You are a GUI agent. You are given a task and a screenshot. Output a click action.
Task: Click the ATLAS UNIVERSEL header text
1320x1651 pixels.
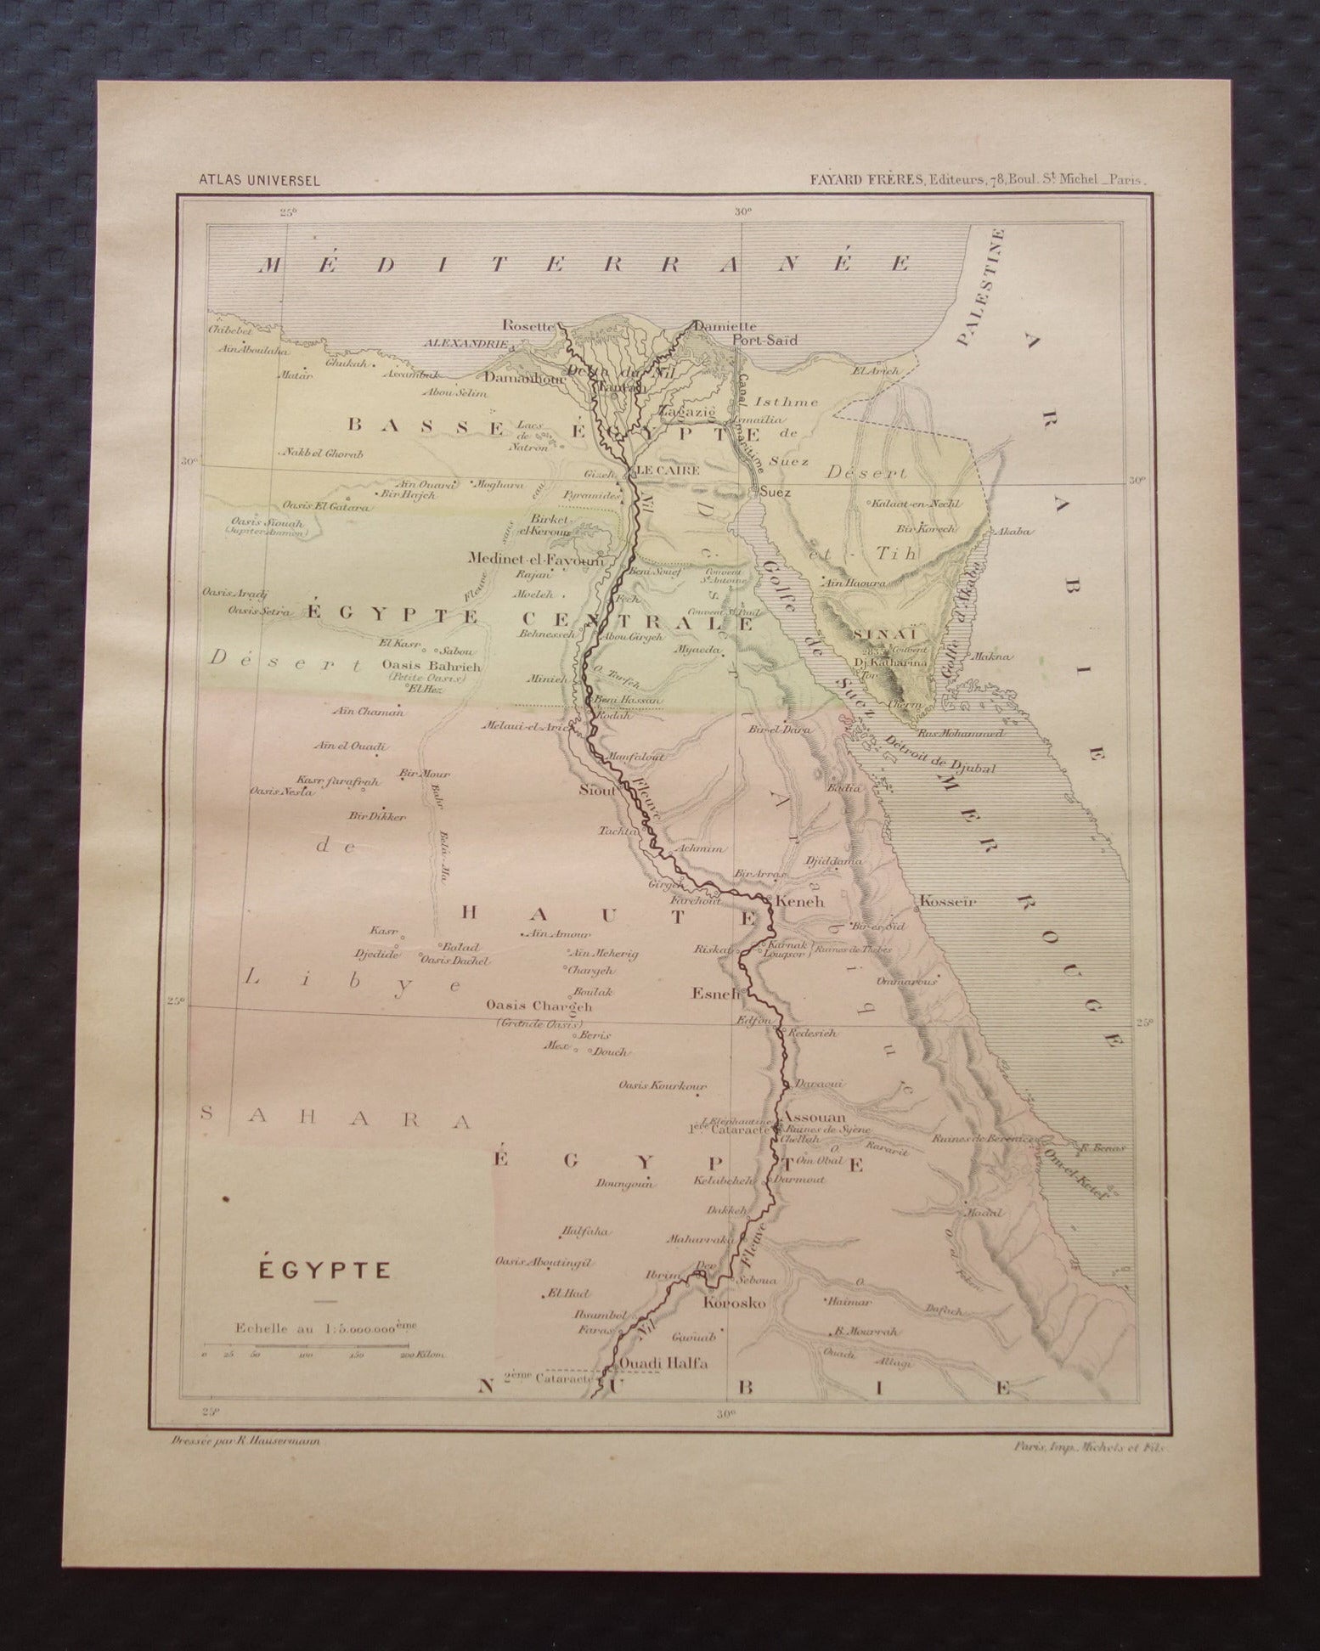(246, 180)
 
